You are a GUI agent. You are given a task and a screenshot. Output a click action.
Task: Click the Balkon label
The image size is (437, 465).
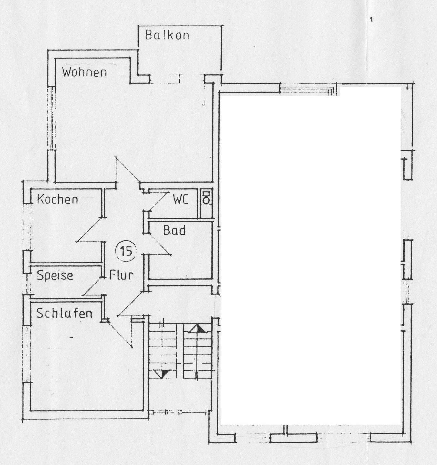click(167, 35)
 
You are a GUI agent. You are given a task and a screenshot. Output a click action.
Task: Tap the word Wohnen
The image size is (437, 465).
click(84, 72)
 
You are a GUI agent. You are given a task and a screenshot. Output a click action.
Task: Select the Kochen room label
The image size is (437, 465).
click(58, 199)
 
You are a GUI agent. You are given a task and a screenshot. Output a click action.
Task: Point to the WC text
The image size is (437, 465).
click(180, 200)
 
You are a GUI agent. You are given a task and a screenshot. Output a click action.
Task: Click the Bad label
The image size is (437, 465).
click(174, 231)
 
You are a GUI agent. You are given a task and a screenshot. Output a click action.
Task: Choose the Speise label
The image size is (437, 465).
click(55, 275)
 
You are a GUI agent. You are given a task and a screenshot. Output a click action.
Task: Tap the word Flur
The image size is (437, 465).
click(121, 275)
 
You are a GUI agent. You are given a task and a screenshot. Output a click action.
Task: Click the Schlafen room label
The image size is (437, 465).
click(64, 313)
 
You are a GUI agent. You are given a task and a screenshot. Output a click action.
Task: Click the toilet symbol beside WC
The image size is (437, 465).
click(206, 198)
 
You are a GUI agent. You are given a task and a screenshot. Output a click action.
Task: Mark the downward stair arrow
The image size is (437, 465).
click(161, 374)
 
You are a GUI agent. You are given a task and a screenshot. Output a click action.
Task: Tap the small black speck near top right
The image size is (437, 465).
click(372, 19)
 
